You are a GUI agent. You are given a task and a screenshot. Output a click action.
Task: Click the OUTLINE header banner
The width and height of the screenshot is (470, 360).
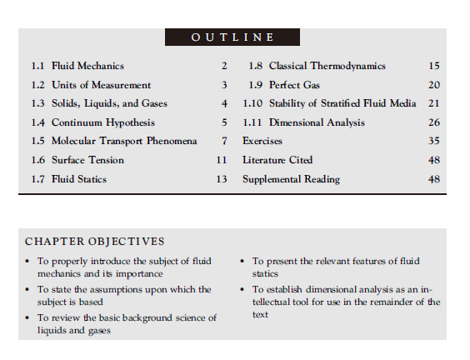coord(232,37)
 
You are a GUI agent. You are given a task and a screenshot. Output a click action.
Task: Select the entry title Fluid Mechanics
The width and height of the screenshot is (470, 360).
coord(87,66)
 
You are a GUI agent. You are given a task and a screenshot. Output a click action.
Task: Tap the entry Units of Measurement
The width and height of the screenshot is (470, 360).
coord(101,85)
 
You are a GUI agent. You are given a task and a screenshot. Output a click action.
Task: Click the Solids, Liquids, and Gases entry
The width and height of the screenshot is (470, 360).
coord(109,103)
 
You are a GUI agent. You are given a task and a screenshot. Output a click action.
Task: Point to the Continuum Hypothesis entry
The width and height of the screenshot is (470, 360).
coord(102,122)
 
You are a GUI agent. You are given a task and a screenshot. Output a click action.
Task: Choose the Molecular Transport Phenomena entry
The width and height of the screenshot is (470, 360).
coord(124,141)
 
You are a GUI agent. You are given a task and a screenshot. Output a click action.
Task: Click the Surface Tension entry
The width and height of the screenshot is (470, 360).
coord(87,160)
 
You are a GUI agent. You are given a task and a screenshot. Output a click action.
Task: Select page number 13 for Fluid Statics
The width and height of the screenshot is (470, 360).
coord(221,179)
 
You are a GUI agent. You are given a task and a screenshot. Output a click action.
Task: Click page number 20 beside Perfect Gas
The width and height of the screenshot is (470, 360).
coord(433,85)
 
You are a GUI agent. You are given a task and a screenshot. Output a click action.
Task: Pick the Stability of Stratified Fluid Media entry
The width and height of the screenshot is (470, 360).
coord(342,103)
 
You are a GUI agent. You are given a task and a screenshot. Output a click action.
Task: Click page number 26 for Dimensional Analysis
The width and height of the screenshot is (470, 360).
coord(433,122)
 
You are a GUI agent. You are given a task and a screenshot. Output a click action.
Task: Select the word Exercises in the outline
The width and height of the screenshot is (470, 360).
coord(262,141)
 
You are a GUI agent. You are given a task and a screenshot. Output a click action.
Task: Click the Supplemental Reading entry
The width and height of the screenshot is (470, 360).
coord(291,179)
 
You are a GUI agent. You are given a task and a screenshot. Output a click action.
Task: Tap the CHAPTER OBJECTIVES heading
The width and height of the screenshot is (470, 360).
coord(94,242)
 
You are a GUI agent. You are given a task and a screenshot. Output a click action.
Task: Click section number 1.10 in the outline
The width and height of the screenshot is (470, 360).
coord(252,103)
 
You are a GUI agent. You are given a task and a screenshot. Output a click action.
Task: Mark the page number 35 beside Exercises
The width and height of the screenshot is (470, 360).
coord(433,141)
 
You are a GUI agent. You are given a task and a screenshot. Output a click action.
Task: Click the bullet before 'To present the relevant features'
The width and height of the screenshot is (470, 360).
coord(243,262)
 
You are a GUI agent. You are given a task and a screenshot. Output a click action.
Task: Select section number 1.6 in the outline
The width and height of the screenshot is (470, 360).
coord(37,160)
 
